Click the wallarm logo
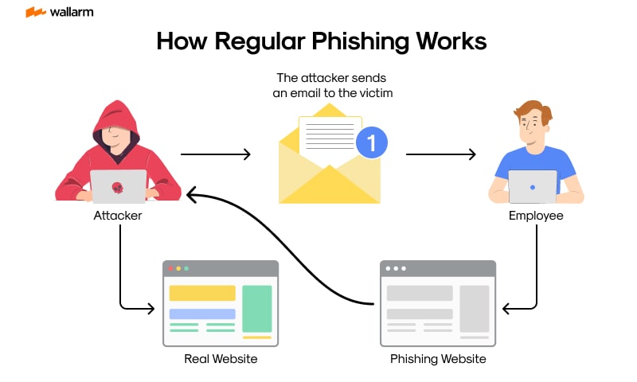point(56,13)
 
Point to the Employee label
point(535,215)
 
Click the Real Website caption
point(221,359)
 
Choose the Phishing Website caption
point(438,359)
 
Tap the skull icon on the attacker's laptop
point(118,187)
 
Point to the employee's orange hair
point(532,111)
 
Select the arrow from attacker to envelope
point(215,154)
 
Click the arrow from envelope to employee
point(440,154)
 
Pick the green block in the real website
point(256,309)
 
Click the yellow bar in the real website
point(202,293)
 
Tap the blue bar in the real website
point(202,314)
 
